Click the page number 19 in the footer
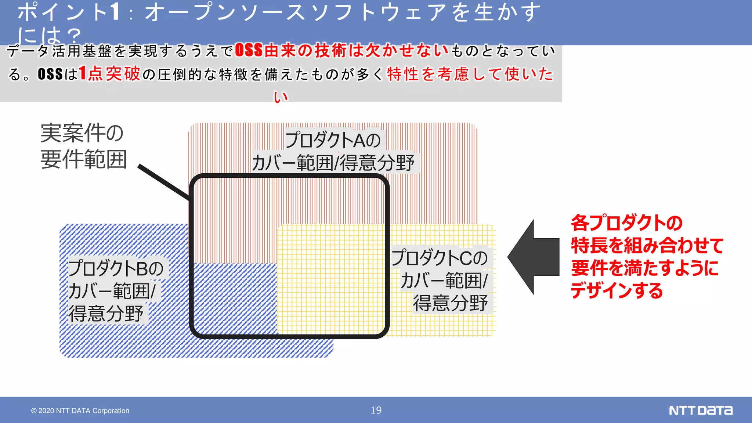(376, 410)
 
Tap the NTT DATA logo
(701, 410)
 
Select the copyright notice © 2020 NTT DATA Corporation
(80, 411)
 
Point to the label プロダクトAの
(333, 140)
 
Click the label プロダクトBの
(116, 268)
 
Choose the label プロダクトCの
(439, 258)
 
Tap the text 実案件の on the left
(82, 133)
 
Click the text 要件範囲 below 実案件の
(84, 159)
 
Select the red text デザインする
(617, 290)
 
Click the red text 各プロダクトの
(626, 223)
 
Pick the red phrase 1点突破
(109, 73)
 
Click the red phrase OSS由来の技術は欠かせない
(341, 51)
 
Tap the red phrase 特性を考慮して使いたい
(470, 74)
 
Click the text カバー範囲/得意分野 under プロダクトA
(333, 163)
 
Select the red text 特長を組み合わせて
(647, 245)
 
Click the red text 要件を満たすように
(645, 268)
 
